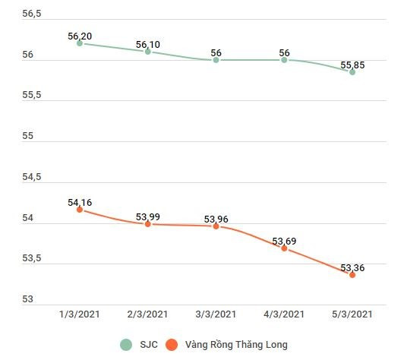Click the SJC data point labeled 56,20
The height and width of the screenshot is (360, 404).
[80, 43]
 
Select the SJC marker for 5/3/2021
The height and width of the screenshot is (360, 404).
[352, 72]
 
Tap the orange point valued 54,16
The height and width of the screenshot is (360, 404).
[80, 210]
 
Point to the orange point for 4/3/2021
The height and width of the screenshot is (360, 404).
[284, 248]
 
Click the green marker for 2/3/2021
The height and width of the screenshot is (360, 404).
[148, 52]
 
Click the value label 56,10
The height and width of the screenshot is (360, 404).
[148, 45]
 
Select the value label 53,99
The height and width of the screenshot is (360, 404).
[148, 217]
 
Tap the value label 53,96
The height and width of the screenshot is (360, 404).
[216, 219]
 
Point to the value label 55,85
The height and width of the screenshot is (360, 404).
[352, 65]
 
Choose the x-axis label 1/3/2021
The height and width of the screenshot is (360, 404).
[80, 314]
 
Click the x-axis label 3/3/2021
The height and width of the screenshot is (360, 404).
[216, 314]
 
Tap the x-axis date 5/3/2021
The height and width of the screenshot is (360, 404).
[352, 314]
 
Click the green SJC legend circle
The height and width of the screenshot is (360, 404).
[126, 344]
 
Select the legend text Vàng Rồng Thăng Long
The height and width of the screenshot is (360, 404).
[235, 344]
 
